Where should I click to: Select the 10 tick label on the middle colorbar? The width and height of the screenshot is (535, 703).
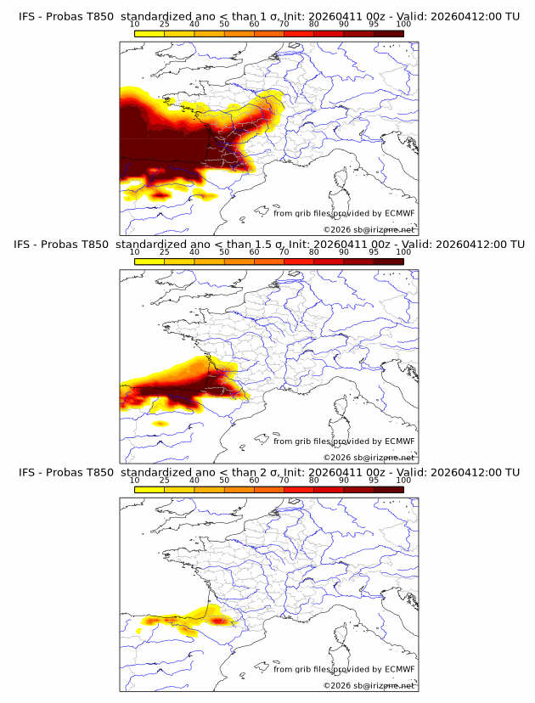pyautogui.click(x=135, y=252)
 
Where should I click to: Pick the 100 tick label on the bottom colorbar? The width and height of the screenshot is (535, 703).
pyautogui.click(x=403, y=480)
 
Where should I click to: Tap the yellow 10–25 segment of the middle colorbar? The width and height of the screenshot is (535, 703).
pyautogui.click(x=149, y=262)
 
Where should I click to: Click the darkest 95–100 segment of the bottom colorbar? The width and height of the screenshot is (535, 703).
pyautogui.click(x=388, y=489)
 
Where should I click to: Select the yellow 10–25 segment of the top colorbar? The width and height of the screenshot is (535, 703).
pyautogui.click(x=149, y=33)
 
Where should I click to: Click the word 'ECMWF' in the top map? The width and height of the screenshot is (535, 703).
pyautogui.click(x=399, y=213)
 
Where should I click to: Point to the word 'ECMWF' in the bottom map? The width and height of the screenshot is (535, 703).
pyautogui.click(x=399, y=669)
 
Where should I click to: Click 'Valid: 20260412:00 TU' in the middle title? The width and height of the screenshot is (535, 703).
pyautogui.click(x=468, y=245)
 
